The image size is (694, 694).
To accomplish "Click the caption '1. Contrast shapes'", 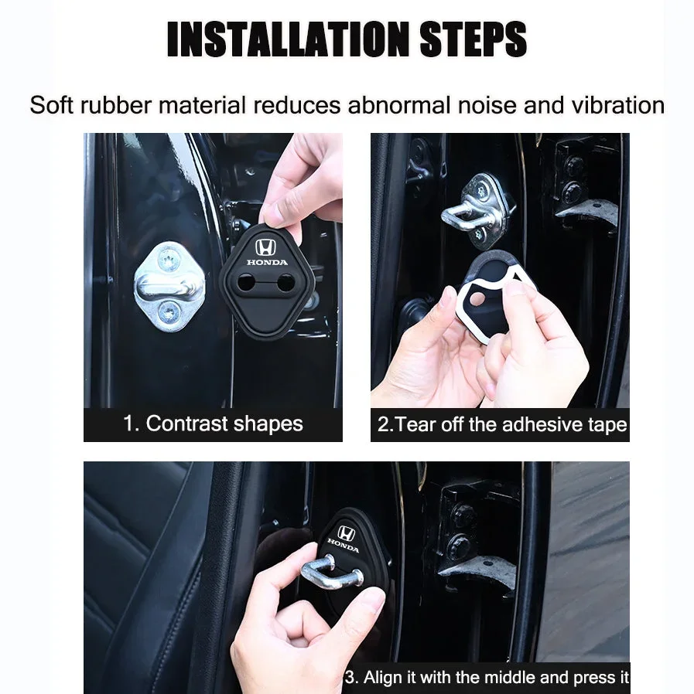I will (213, 424).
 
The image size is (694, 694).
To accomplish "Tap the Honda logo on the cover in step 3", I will (345, 534).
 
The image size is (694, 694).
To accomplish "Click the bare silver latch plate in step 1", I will (169, 286).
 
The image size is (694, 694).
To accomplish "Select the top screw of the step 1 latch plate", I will (168, 258).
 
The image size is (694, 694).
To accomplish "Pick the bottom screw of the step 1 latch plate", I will (169, 313).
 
